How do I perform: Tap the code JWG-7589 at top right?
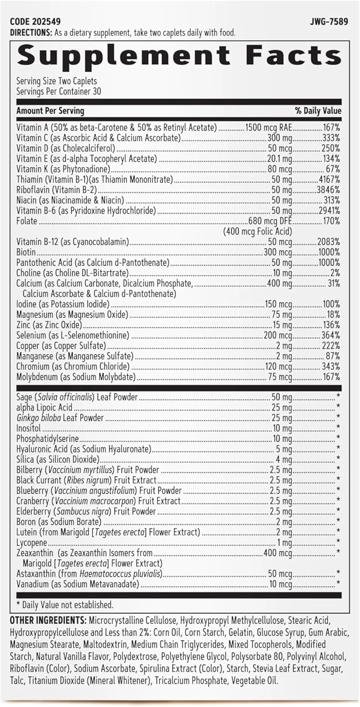pos(325,22)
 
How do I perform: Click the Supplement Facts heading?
pos(179,55)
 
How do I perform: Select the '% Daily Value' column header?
pos(318,111)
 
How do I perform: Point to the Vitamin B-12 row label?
pos(73,242)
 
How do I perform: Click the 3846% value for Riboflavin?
pos(328,190)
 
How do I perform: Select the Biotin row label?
pos(26,252)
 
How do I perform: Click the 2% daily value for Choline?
pos(336,273)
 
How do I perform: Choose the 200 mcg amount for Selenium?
pos(278,336)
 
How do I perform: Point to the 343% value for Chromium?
pos(330,367)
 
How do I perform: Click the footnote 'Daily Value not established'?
pos(67,605)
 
